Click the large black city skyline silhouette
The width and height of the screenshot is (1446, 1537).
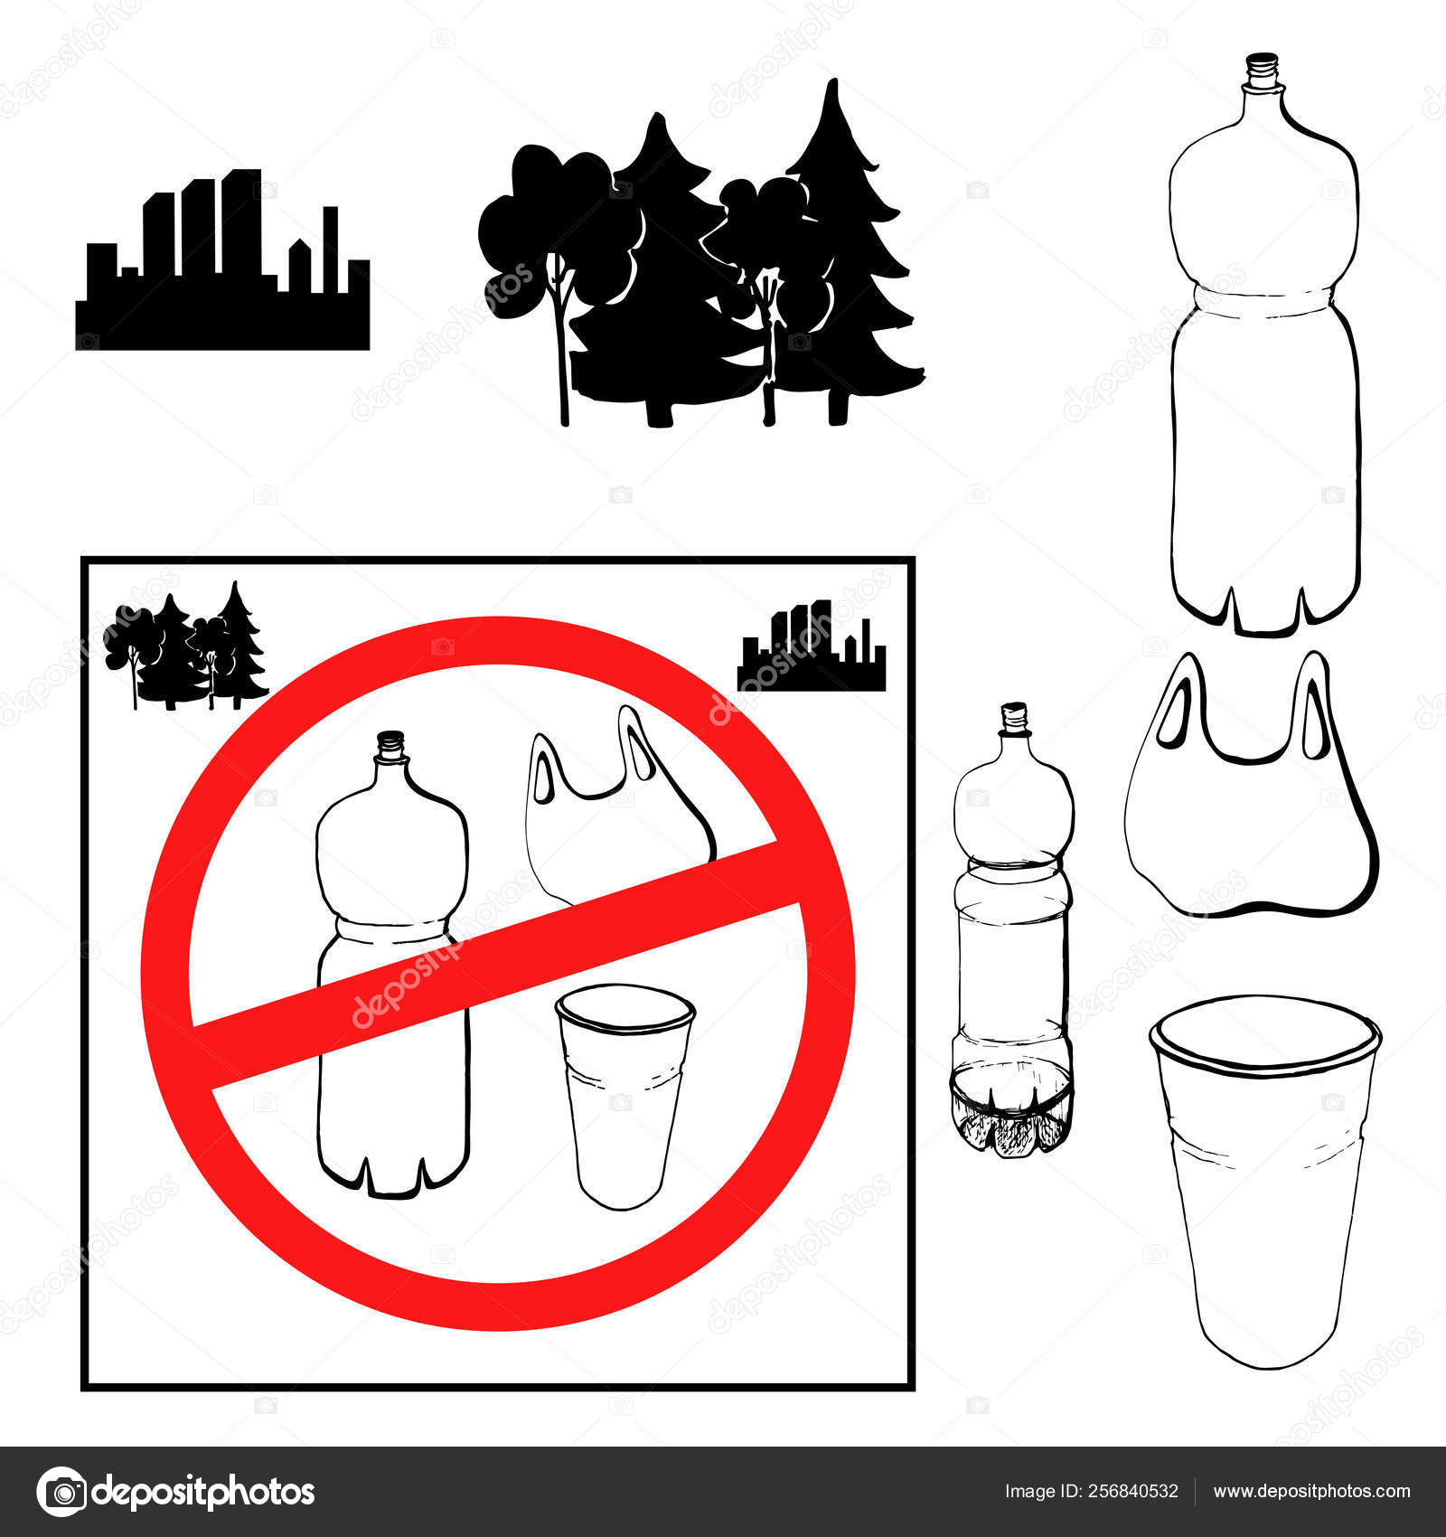point(222,271)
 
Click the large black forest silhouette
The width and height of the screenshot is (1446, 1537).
point(700,271)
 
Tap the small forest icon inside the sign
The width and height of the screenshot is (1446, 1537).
point(185,646)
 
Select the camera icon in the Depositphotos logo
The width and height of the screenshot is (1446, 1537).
point(61,1492)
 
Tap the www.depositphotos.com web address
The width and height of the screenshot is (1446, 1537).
point(1311,1492)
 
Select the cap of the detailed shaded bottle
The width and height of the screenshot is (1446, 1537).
point(1016,715)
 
